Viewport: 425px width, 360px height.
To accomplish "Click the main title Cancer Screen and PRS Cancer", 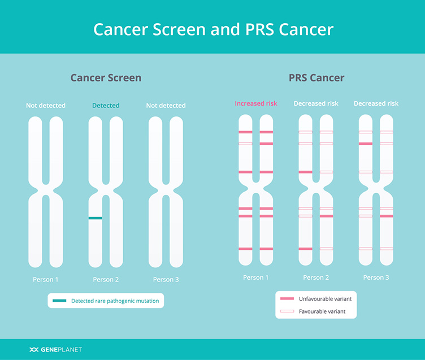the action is tap(213, 29).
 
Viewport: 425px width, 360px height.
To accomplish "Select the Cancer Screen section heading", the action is tap(106, 78).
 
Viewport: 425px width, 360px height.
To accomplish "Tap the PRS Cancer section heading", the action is tap(316, 78).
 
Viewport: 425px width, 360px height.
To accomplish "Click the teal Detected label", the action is tap(106, 106).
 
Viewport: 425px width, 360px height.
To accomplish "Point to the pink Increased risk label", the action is tap(256, 103).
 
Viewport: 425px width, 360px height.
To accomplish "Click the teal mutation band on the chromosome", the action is tap(96, 218).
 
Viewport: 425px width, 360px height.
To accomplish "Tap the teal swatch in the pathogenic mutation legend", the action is tap(59, 301).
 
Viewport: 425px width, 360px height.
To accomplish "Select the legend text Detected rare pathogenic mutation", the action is tap(115, 301).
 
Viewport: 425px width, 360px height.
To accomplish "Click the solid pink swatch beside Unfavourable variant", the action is tap(287, 298).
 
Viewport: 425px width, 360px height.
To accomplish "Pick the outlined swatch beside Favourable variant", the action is tap(287, 311).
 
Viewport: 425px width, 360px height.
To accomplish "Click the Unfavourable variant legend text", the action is tap(326, 299).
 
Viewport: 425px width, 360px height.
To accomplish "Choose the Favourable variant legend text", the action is tap(322, 311).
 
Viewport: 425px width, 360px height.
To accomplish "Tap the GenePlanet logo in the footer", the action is tap(55, 350).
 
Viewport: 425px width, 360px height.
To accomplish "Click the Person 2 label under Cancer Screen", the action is tap(106, 280).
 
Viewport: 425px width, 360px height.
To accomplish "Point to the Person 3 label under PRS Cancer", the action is tap(376, 277).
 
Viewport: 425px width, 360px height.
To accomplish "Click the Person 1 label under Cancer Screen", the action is tap(46, 280).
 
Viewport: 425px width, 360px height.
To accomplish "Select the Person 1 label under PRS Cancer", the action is tap(255, 277).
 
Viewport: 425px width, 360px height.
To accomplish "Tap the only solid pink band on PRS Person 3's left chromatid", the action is tap(365, 144).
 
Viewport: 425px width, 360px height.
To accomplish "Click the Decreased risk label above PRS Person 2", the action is tap(316, 103).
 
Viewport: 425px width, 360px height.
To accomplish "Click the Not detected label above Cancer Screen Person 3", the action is tap(166, 106).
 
